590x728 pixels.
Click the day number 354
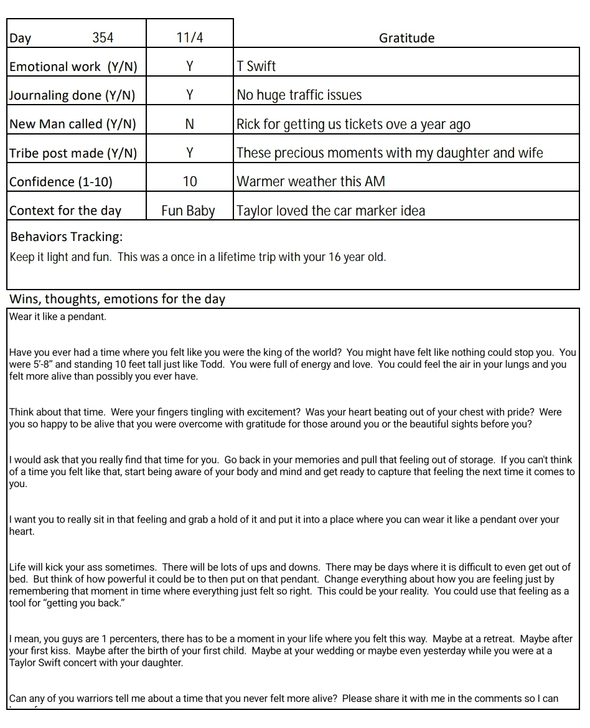pos(103,38)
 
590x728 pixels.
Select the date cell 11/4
pos(190,38)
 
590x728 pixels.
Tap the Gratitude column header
pos(406,38)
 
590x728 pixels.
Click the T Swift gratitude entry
pos(256,66)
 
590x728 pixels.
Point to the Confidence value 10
pos(190,181)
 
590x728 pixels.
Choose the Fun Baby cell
pos(188,210)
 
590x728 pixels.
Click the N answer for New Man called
pos(190,124)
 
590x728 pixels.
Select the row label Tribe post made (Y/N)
pos(73,153)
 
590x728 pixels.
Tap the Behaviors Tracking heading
pos(67,237)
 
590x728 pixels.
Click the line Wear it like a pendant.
pos(59,316)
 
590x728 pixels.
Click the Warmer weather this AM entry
pos(311,181)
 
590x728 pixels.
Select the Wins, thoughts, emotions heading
pos(117,299)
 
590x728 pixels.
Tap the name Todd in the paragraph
pos(212,364)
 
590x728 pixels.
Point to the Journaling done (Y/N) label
pos(72,95)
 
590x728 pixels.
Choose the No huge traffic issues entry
pos(299,95)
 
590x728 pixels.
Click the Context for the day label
pos(65,210)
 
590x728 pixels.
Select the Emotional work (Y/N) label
pos(73,67)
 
